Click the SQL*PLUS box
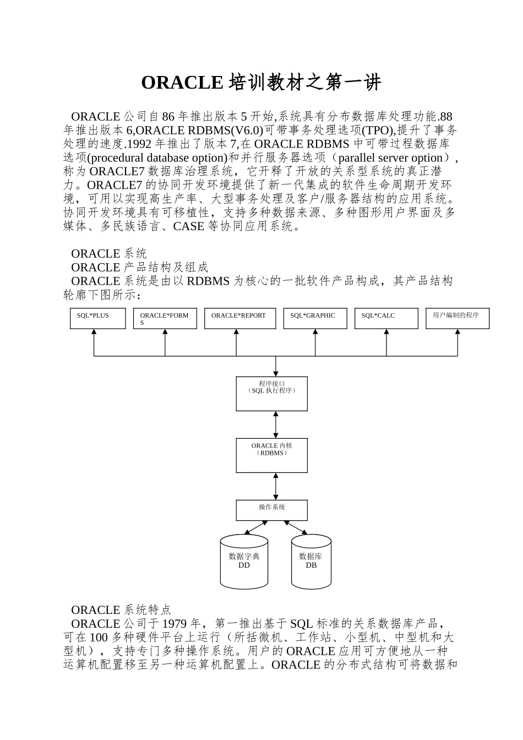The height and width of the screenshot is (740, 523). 97,319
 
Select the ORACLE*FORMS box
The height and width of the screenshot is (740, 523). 165,319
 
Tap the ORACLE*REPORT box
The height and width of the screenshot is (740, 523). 239,319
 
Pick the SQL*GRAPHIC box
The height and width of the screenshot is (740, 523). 315,319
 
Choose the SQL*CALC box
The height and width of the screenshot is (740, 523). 386,319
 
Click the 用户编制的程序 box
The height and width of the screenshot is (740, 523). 457,319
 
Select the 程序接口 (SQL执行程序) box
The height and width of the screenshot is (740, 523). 271,394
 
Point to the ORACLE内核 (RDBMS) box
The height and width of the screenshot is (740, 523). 271,455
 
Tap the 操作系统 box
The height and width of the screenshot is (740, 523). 271,510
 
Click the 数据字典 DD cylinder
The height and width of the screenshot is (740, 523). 244,562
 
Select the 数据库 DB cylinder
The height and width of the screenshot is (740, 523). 311,562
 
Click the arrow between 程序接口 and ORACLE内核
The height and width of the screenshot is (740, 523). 276,425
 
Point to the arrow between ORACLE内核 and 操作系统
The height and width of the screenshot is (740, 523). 276,486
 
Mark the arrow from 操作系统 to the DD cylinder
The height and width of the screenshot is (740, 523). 255,527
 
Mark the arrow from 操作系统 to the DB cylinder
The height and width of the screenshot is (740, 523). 296,527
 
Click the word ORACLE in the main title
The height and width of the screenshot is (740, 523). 182,83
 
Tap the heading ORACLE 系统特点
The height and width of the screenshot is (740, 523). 121,610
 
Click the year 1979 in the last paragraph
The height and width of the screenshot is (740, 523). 175,624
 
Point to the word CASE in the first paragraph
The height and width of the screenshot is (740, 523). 188,226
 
